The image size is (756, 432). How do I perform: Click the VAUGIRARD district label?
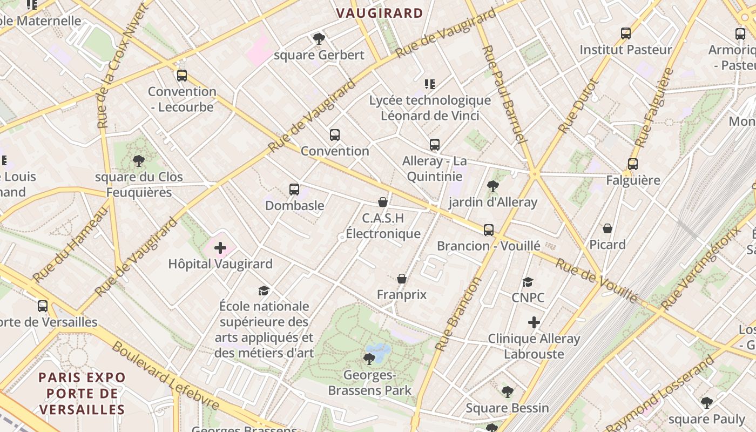[x=380, y=13]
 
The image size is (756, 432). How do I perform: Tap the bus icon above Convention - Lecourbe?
[x=182, y=75]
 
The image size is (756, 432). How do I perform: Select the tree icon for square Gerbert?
[x=319, y=38]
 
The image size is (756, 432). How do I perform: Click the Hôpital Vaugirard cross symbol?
[x=220, y=248]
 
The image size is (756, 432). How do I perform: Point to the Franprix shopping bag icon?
[x=402, y=279]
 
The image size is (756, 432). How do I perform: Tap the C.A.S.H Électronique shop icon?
[x=383, y=202]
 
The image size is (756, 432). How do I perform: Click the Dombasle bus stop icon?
[x=294, y=189]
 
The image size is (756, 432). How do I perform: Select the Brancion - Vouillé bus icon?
[x=489, y=230]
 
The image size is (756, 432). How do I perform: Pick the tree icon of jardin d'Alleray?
[x=493, y=186]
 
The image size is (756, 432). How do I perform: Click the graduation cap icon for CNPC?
[x=528, y=282]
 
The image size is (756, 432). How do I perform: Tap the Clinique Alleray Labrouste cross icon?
[x=534, y=322]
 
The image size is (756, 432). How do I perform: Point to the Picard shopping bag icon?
[x=607, y=228]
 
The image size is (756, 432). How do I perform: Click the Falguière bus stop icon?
[x=633, y=164]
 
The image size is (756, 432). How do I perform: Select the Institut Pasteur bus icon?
[x=626, y=33]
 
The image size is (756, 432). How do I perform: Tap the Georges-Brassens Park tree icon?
[x=370, y=359]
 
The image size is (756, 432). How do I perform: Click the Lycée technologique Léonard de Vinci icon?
[x=430, y=84]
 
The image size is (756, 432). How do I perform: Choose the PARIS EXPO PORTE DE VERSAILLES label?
[x=82, y=393]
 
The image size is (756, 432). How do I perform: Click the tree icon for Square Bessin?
[x=507, y=391]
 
